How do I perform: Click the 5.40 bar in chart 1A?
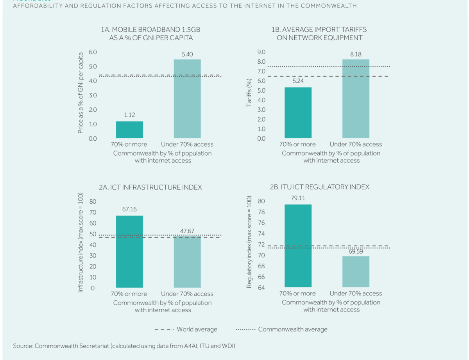click(187, 99)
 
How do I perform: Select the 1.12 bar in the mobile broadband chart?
click(129, 129)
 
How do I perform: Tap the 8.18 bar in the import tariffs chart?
click(356, 99)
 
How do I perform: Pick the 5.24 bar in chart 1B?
click(298, 113)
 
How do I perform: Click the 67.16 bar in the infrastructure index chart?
click(129, 252)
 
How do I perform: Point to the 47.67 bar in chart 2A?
click(187, 262)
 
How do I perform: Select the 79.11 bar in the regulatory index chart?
click(298, 246)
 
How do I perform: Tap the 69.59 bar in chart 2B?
click(356, 272)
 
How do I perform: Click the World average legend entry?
click(186, 329)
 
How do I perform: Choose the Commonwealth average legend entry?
click(281, 329)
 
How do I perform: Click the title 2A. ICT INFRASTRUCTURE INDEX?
click(150, 187)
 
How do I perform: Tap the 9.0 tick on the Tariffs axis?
click(261, 52)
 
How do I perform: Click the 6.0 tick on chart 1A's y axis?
click(92, 52)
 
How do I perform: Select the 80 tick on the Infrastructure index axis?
click(93, 202)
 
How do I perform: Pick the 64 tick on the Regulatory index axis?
click(261, 288)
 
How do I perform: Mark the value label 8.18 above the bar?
click(356, 54)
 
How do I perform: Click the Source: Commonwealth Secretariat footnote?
click(124, 346)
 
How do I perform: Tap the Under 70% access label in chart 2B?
click(356, 294)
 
